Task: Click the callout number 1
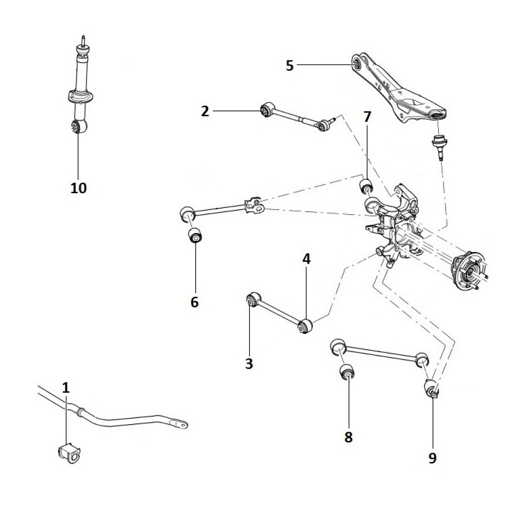tap(66, 388)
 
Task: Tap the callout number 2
tap(205, 111)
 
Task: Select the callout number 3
tap(249, 363)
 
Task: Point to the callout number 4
tap(306, 258)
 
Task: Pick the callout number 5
tap(290, 65)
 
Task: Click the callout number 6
tap(195, 302)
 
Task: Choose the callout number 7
tap(367, 117)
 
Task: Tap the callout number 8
tap(349, 436)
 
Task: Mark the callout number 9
tap(432, 458)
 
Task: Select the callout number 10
tap(78, 187)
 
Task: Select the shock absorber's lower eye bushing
tap(78, 127)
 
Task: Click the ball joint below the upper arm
tap(438, 144)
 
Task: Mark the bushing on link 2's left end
tap(266, 110)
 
